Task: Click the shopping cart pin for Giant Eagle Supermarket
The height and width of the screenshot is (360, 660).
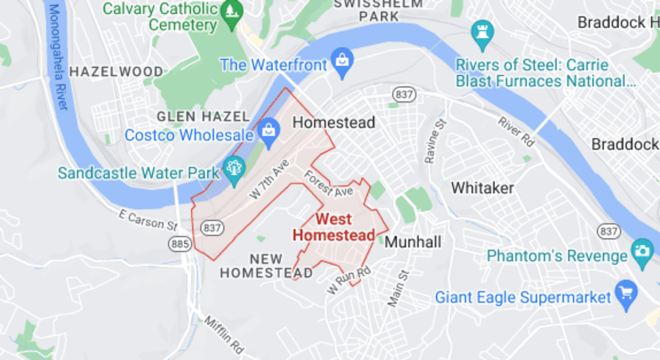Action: tap(626, 294)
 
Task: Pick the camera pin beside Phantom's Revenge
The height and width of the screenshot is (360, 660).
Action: tap(642, 252)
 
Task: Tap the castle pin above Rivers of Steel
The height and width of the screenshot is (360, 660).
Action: tap(482, 34)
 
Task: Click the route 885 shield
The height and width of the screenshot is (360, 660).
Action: tap(180, 244)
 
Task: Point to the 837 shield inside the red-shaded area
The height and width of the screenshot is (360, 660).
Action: tap(212, 228)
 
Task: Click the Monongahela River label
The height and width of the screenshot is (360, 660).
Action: tap(58, 57)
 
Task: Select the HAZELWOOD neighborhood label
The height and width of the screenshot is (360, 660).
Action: tap(116, 72)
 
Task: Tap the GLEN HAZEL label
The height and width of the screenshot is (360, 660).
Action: tap(203, 117)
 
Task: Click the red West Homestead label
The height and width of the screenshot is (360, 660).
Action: tap(333, 227)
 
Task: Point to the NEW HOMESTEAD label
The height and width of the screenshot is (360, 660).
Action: tap(266, 266)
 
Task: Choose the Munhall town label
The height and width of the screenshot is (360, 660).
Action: tap(412, 242)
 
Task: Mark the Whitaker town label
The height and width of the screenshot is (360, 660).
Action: tap(482, 188)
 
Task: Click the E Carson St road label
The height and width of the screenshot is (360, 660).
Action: tap(148, 220)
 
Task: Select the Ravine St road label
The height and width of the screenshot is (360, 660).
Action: tap(435, 141)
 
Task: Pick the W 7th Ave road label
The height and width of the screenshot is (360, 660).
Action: tap(269, 179)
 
